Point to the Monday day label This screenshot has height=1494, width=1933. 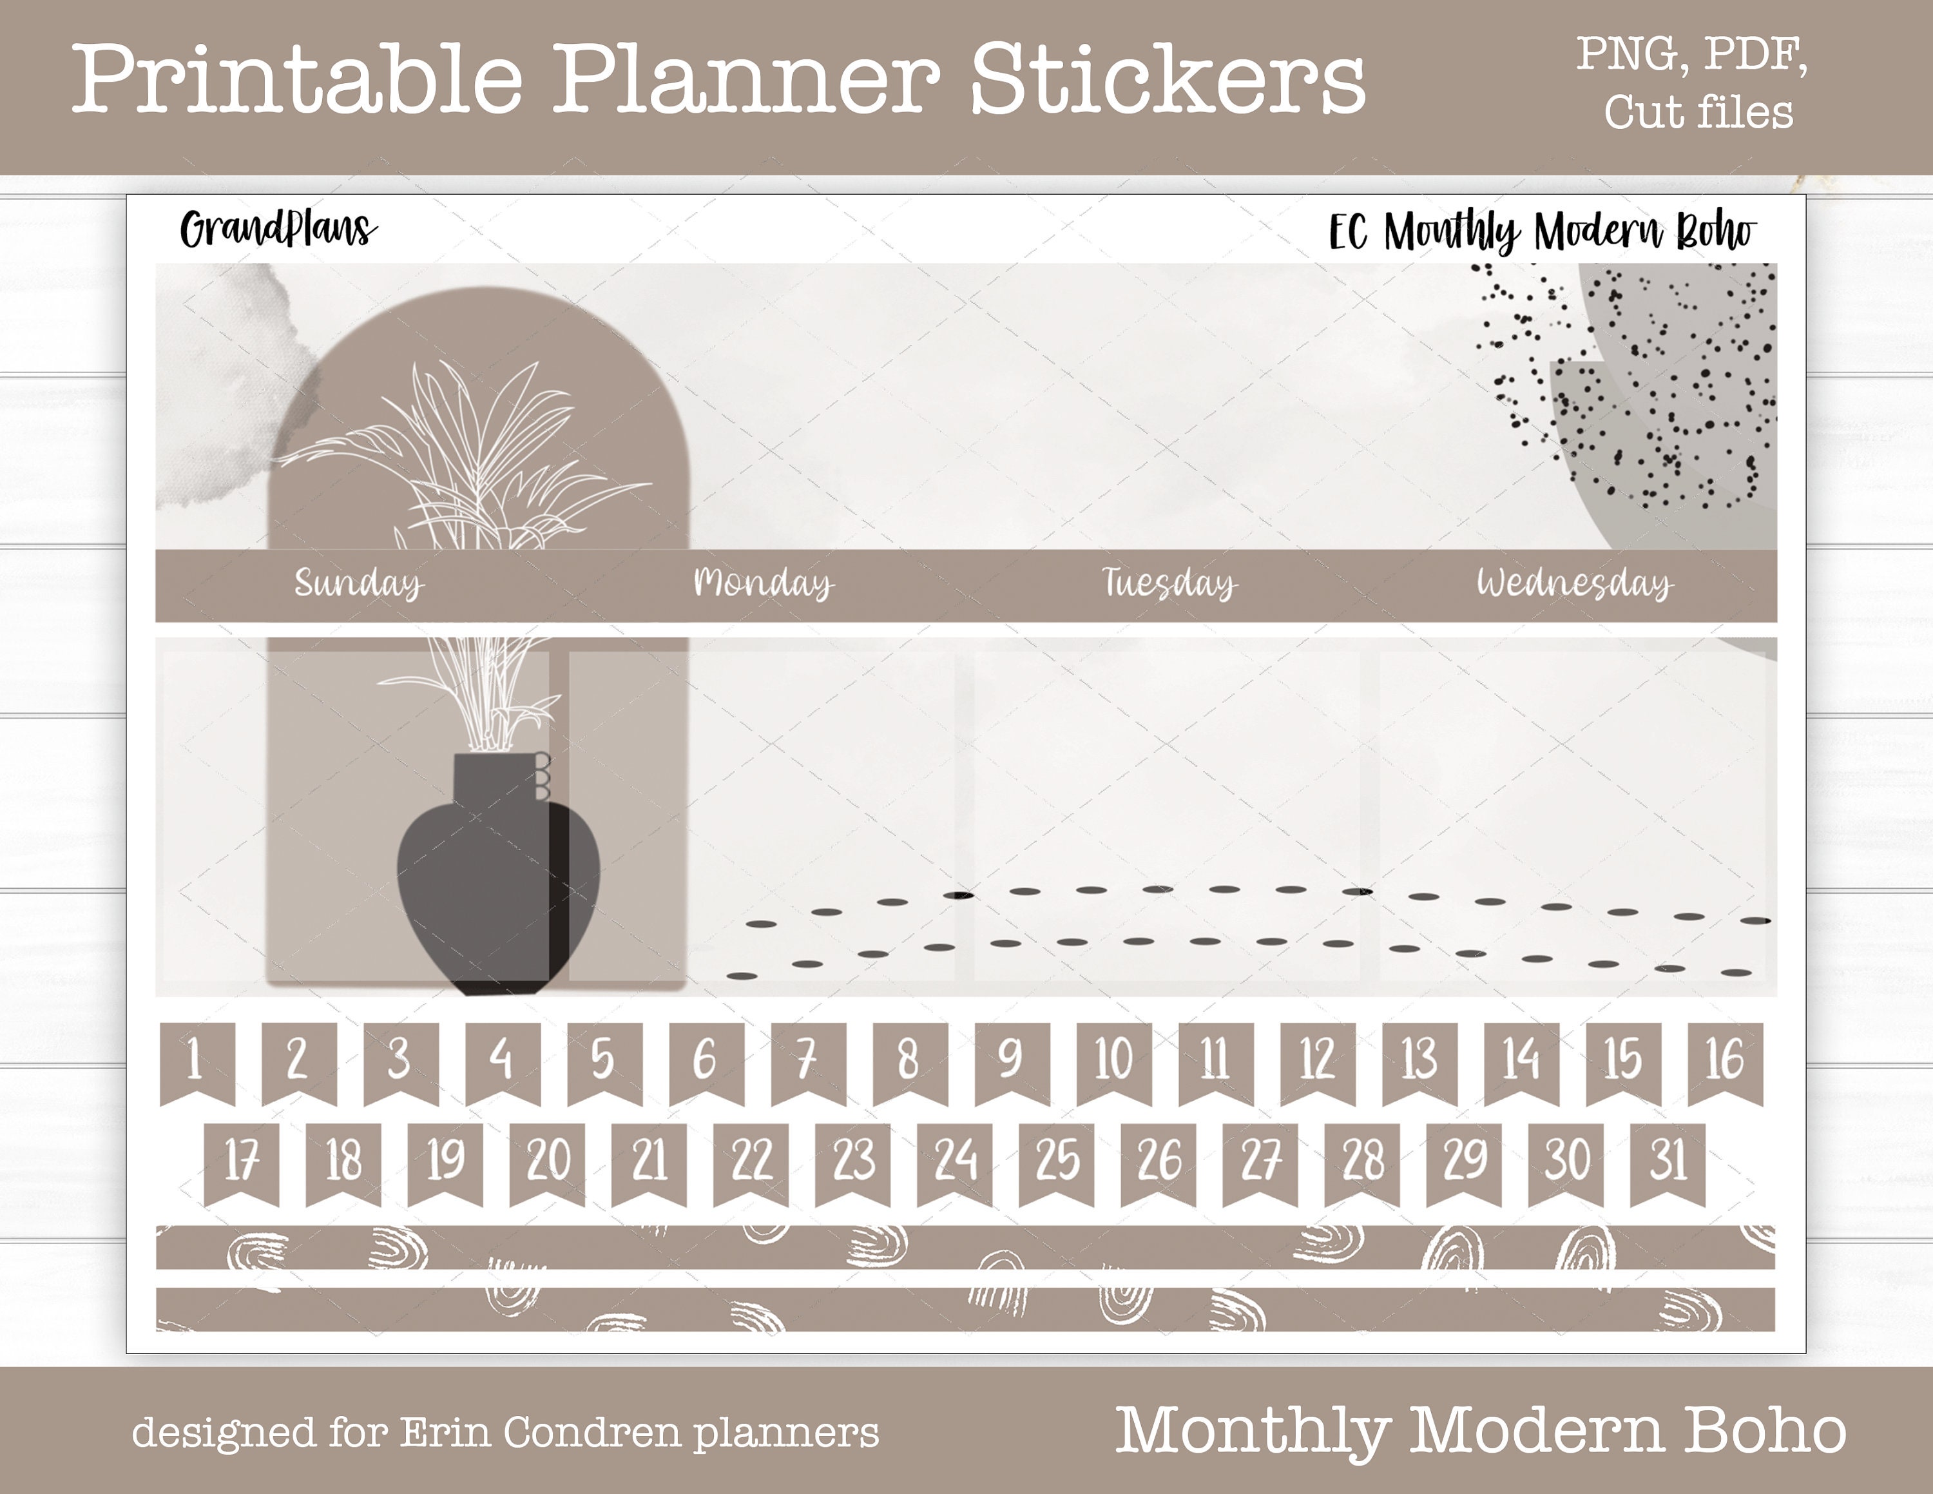pyautogui.click(x=763, y=583)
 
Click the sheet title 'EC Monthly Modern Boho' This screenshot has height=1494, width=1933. pyautogui.click(x=1543, y=233)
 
